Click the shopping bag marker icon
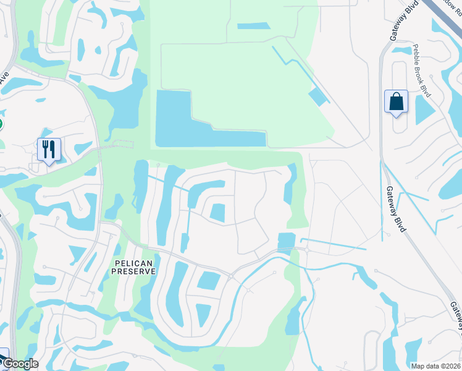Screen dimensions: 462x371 coord(396,102)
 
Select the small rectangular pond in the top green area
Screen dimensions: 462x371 coord(253,26)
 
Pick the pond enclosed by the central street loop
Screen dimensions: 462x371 coord(217,213)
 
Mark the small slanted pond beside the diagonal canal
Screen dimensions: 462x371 coord(318,96)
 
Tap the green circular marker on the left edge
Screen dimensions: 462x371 coord(1,124)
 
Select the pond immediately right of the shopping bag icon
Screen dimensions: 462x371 coord(424,110)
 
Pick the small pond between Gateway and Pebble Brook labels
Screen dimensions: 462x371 coord(402,49)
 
